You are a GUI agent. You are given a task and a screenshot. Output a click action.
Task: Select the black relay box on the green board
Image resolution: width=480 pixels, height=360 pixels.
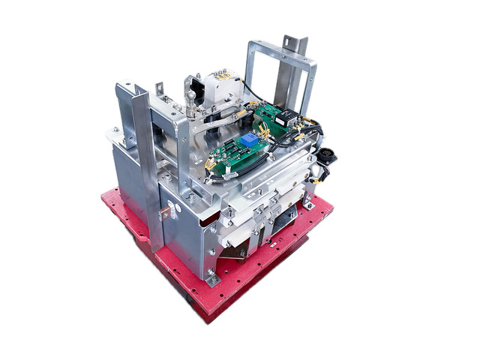coord(285,117)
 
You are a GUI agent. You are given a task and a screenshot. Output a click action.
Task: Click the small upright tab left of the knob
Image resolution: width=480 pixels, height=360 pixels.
coord(160,90)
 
